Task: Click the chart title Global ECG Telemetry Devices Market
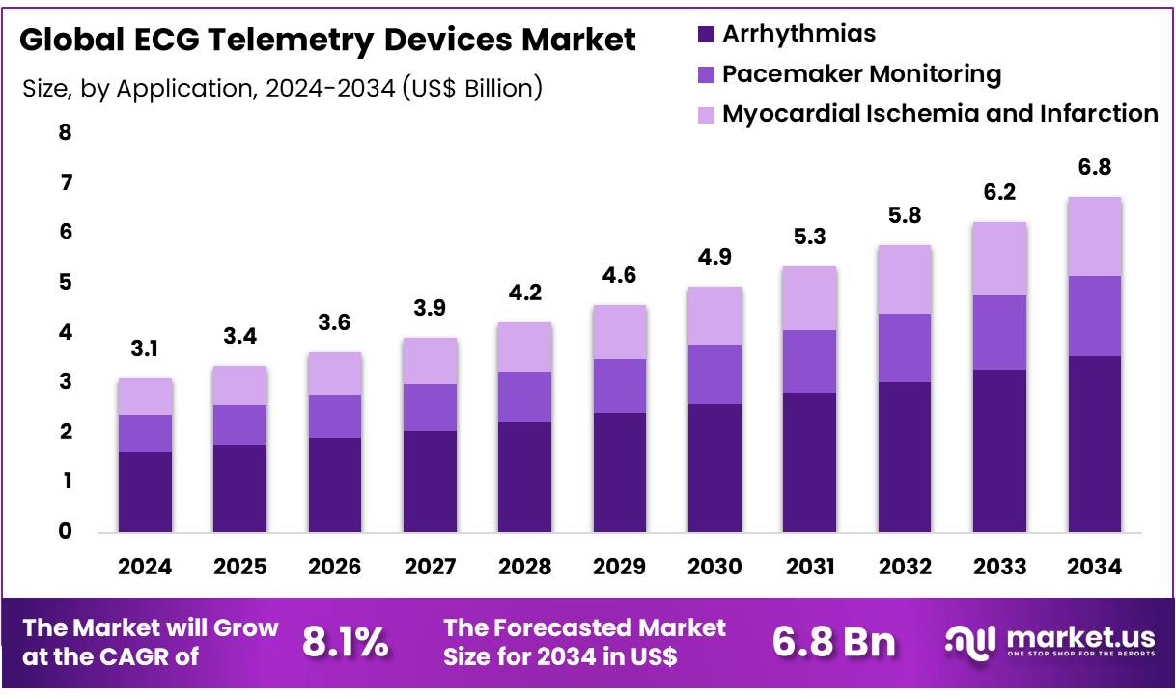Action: click(327, 41)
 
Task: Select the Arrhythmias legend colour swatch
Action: click(706, 34)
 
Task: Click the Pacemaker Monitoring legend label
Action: click(861, 73)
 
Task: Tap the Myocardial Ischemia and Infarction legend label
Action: click(939, 113)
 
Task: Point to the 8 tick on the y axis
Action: click(65, 133)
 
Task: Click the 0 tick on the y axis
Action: click(65, 531)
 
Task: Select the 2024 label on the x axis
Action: click(145, 568)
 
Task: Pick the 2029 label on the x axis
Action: click(620, 568)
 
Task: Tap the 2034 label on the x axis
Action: click(1095, 568)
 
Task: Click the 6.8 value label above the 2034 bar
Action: click(1095, 167)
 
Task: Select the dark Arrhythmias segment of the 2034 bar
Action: click(1095, 444)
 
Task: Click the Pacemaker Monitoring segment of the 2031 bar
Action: click(809, 361)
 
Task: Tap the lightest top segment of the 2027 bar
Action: click(430, 361)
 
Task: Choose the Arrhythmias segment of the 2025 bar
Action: click(239, 488)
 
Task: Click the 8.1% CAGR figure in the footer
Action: click(346, 642)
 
